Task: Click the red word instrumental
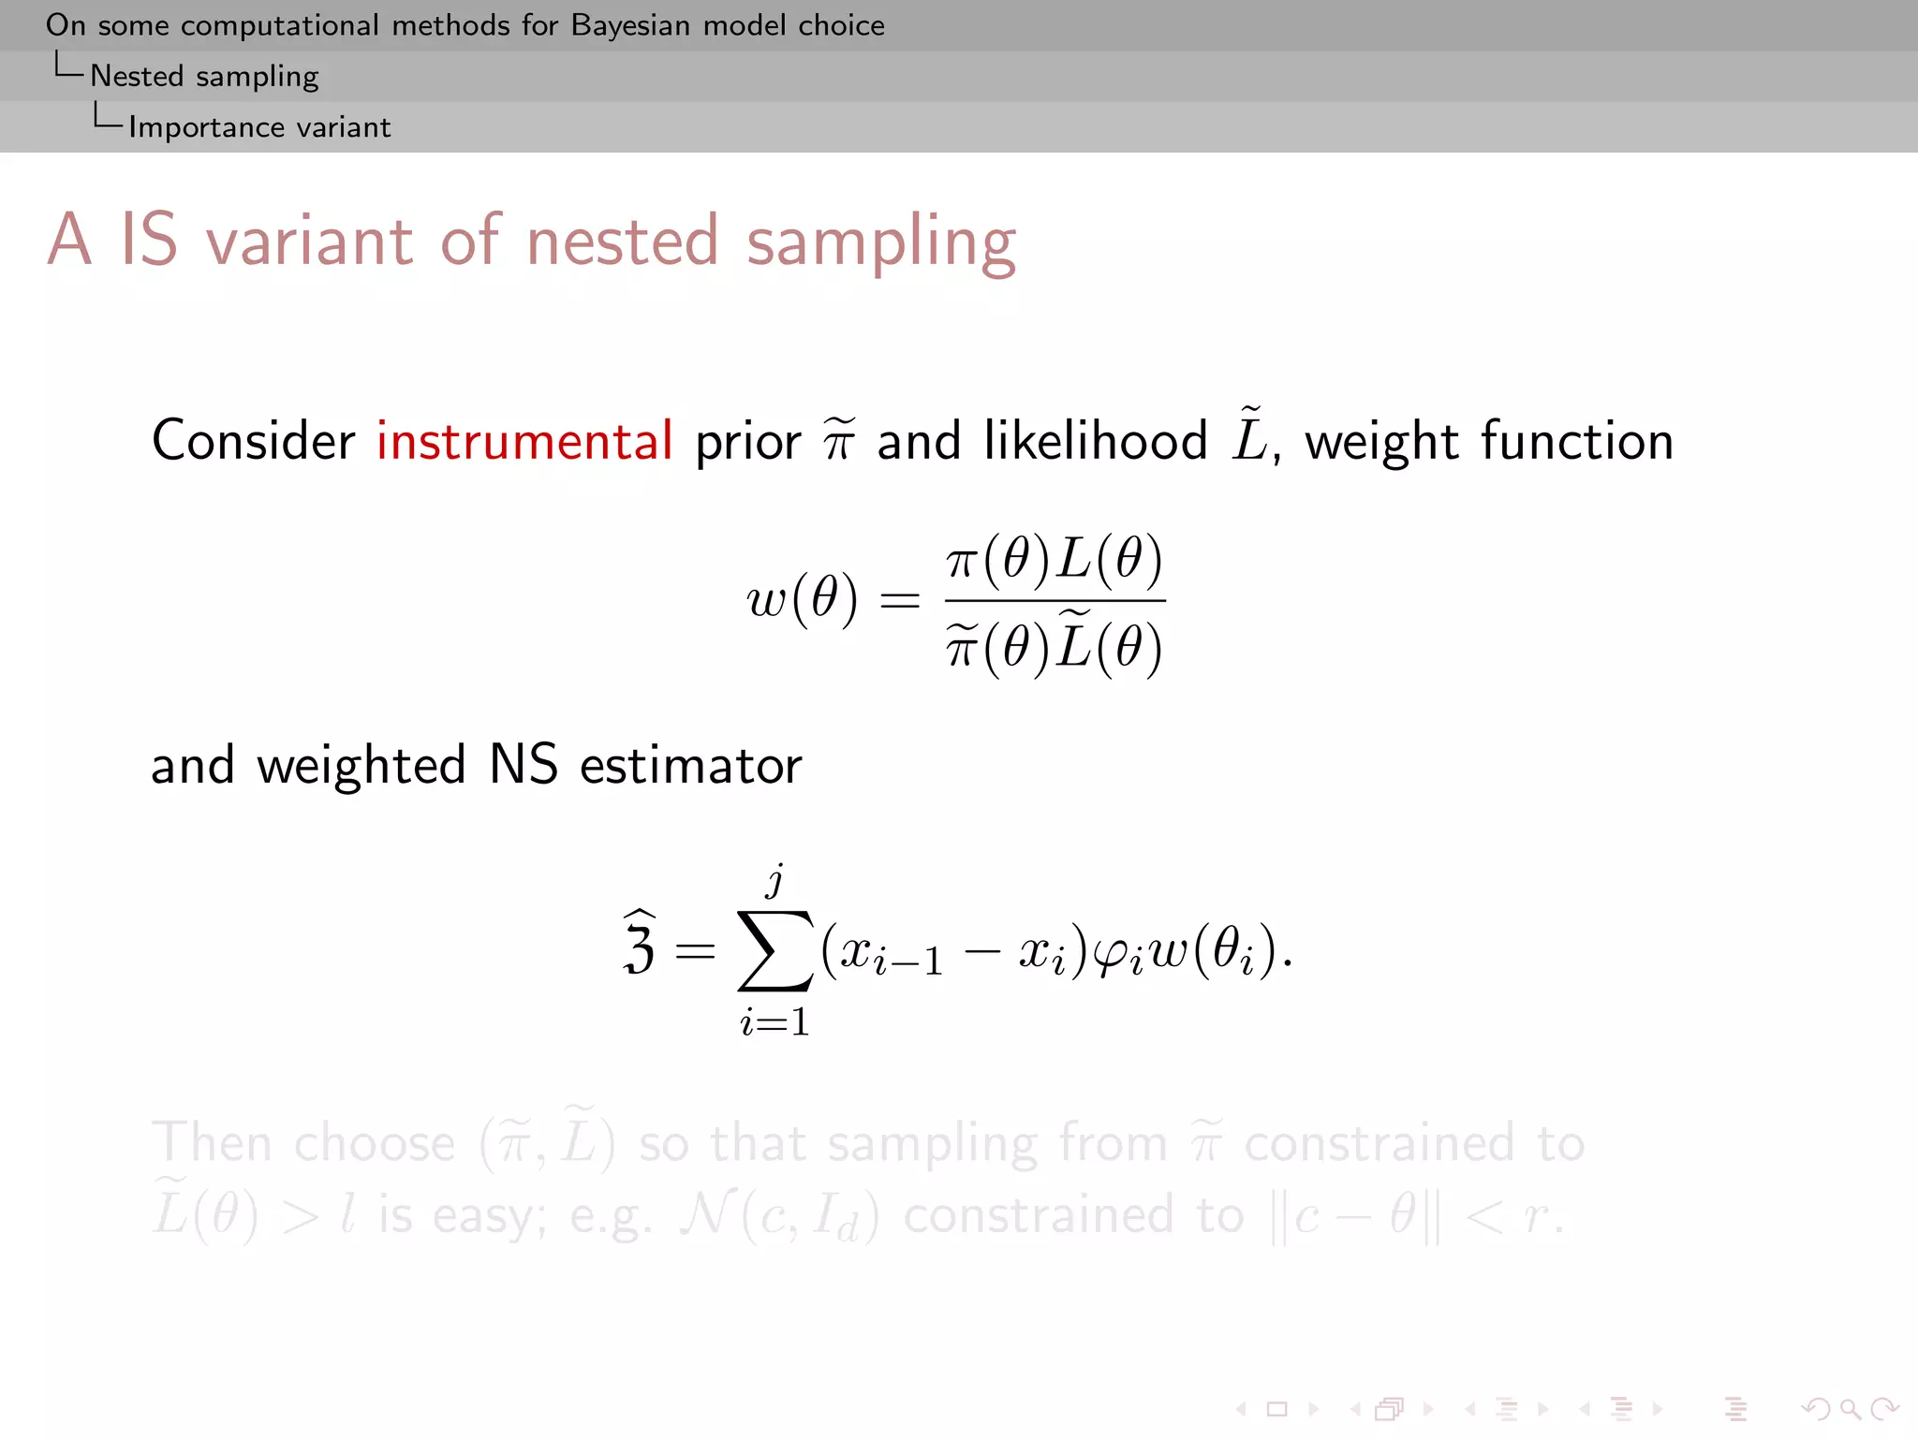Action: coord(524,441)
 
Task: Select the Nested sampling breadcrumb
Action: coord(204,77)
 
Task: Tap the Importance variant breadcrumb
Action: coord(259,127)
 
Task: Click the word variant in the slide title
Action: coord(309,242)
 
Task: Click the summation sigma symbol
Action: coord(775,950)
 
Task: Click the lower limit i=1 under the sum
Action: coord(775,1021)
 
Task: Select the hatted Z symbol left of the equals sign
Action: coord(640,945)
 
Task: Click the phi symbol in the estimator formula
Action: coord(1116,954)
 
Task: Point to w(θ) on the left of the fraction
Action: coord(802,599)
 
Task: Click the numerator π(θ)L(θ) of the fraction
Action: coord(1055,560)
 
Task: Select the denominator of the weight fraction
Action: coord(1055,644)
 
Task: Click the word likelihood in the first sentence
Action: coord(1095,441)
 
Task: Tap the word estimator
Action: coord(690,766)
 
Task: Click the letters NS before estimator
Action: coord(523,764)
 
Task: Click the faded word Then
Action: coord(212,1143)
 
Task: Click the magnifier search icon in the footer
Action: coord(1850,1409)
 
